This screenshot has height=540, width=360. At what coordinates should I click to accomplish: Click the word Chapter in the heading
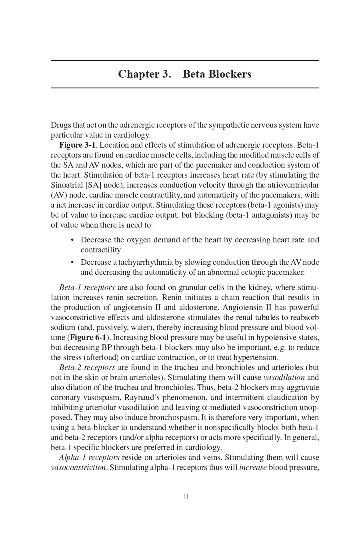click(138, 74)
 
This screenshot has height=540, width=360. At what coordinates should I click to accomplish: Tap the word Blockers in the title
click(230, 74)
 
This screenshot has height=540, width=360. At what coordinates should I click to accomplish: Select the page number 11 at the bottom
click(186, 496)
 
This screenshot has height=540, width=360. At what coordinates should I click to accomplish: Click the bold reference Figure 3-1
click(77, 145)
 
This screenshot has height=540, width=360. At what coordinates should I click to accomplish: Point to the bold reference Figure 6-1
click(88, 337)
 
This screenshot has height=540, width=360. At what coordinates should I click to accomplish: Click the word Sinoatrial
click(67, 185)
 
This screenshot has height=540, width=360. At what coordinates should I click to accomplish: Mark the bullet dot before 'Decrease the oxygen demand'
click(72, 240)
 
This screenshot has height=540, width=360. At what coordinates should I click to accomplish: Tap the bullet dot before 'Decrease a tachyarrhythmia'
click(72, 262)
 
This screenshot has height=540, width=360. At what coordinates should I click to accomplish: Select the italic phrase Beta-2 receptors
click(87, 367)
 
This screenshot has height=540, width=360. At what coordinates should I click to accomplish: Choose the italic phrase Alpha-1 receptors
click(89, 457)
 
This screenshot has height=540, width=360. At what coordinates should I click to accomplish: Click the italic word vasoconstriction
click(78, 467)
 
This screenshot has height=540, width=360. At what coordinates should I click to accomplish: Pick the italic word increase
click(253, 467)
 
